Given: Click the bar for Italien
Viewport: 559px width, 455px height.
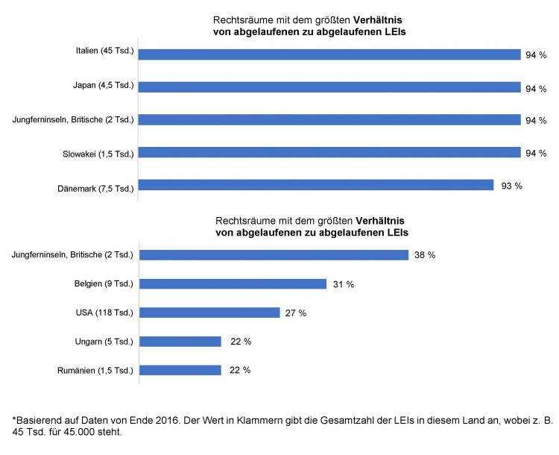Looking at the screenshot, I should [x=329, y=54].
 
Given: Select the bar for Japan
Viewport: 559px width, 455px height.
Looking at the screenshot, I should [x=329, y=87].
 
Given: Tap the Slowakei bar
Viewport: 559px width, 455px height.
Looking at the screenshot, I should [x=329, y=153].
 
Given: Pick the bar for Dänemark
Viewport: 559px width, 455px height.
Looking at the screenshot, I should [x=316, y=185].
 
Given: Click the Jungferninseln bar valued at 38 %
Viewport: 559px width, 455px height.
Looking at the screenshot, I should [x=274, y=255].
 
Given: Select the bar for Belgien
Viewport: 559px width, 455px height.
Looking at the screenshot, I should [x=233, y=283].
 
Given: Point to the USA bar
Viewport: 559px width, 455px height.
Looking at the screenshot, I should [x=209, y=313].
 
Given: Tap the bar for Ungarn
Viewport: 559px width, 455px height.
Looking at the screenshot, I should [x=180, y=342].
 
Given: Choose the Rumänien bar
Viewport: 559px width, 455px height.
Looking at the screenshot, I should [x=180, y=370].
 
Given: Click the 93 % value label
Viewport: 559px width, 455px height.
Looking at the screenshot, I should [x=512, y=186].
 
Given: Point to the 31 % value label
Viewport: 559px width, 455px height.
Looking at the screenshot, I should [x=344, y=284].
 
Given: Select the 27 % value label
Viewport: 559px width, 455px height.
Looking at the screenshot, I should [x=296, y=313].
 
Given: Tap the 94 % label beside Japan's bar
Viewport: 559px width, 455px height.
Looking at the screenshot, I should [x=537, y=88].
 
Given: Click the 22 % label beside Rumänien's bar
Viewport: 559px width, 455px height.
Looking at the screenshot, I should [x=240, y=370].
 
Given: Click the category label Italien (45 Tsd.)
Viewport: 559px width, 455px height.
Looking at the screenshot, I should [x=104, y=51].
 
